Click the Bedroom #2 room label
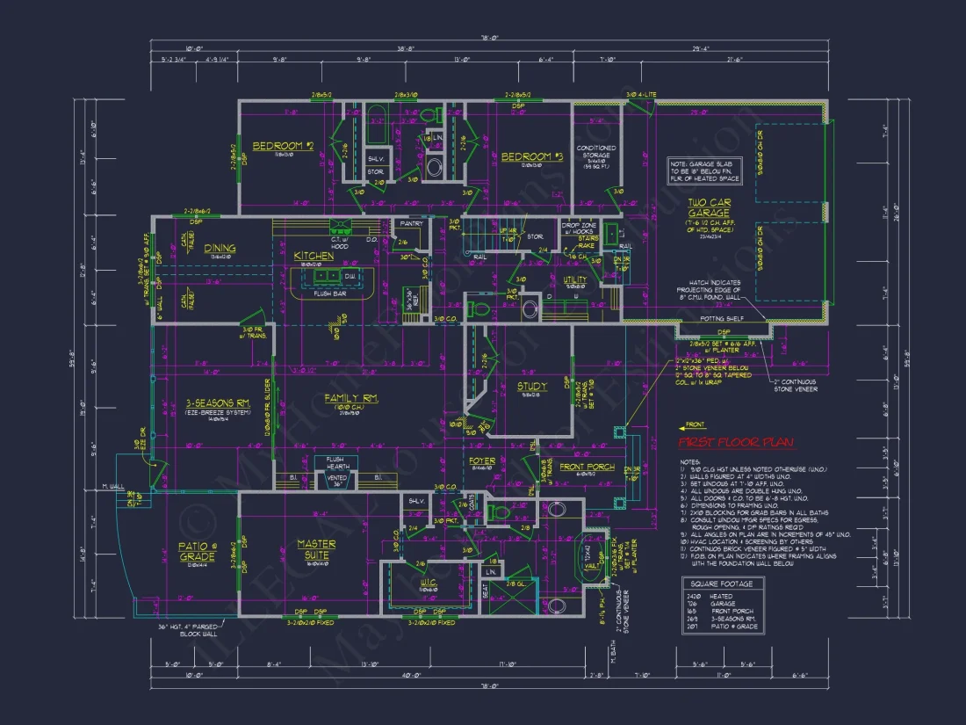coord(283,146)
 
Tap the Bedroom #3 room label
coord(531,157)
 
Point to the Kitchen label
coord(314,256)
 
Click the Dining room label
coord(220,249)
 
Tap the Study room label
coord(531,386)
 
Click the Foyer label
coord(481,460)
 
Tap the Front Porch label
coord(588,467)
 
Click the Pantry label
coord(411,224)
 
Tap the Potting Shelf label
coord(723,320)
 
